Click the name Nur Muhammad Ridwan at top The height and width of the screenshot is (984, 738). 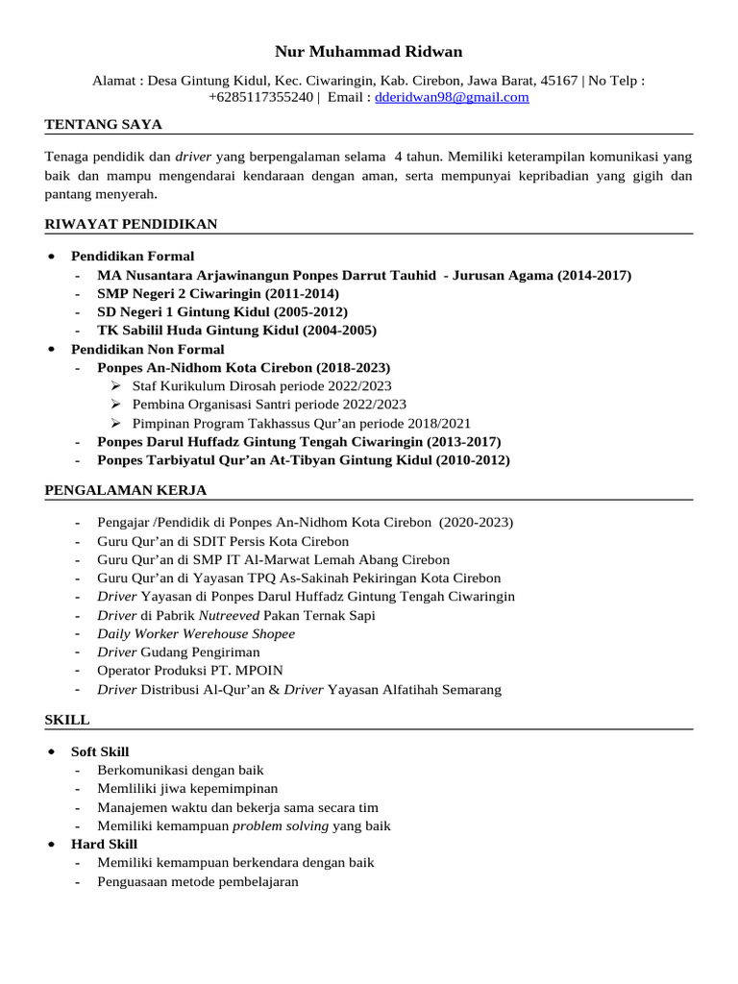[x=368, y=52]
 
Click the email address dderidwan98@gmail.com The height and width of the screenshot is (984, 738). [x=452, y=98]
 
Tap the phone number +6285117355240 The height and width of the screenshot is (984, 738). [x=260, y=98]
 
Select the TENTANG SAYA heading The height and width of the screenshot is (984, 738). [x=104, y=125]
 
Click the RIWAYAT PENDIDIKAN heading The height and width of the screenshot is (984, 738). [x=131, y=225]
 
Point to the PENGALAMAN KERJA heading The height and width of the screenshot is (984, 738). [x=126, y=491]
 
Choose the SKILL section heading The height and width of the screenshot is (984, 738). [x=67, y=720]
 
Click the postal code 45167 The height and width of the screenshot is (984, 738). [x=559, y=81]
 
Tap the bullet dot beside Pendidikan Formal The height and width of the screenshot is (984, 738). [x=51, y=257]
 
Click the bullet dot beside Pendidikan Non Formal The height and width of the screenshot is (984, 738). [x=51, y=350]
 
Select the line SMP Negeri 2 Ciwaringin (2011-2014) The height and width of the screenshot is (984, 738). [x=218, y=294]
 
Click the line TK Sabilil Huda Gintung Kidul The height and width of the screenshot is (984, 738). [x=236, y=331]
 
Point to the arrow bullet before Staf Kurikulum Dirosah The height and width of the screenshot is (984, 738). [x=116, y=386]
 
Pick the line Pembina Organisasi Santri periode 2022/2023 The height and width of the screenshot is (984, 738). [x=269, y=405]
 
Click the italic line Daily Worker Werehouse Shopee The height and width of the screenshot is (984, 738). [x=196, y=634]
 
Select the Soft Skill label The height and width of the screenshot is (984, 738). [x=100, y=751]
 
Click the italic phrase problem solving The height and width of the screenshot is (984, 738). [x=280, y=826]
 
